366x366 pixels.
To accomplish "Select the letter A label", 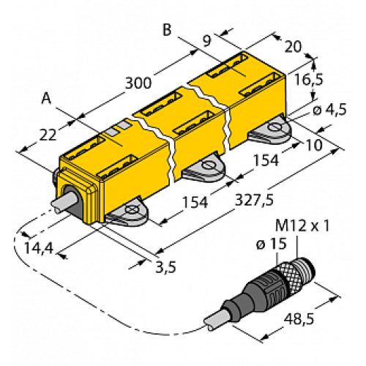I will coord(48,97).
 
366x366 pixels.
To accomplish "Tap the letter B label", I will coord(168,30).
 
